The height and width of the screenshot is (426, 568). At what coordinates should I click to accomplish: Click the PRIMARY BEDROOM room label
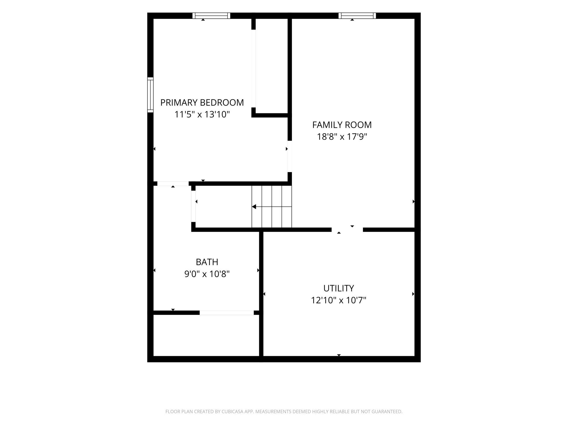(x=202, y=103)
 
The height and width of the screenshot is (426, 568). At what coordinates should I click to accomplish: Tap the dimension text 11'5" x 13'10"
(x=202, y=114)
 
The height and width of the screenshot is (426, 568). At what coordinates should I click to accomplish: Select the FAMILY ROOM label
(x=342, y=125)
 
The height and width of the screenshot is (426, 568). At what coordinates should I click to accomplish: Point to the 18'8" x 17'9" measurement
(x=342, y=137)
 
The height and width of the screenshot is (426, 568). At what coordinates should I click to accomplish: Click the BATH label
(x=207, y=262)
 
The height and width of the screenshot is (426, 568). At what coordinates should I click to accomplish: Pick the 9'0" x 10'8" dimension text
(x=207, y=274)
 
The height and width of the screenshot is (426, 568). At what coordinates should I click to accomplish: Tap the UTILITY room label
(x=339, y=288)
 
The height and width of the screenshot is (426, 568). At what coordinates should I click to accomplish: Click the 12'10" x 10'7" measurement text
(x=339, y=300)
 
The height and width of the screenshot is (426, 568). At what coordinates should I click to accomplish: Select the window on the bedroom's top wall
(x=211, y=16)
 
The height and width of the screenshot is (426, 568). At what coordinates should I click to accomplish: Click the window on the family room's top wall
(x=357, y=16)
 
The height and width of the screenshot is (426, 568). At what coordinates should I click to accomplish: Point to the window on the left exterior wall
(x=150, y=95)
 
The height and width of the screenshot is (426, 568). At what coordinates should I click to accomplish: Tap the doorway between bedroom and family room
(x=290, y=156)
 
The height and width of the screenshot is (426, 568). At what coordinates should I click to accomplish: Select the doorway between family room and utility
(x=347, y=230)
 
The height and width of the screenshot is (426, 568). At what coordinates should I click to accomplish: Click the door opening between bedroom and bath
(x=173, y=184)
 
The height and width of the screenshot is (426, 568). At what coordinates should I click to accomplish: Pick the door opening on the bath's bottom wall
(x=227, y=313)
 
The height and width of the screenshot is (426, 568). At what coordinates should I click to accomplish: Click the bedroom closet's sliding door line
(x=253, y=69)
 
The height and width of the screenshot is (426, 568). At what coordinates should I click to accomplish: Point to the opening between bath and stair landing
(x=193, y=206)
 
